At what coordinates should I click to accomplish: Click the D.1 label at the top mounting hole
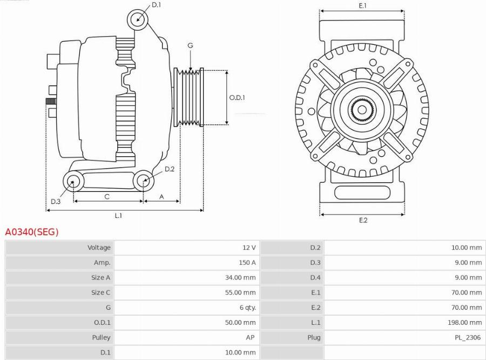(x=156, y=5)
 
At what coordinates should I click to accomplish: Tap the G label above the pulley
(x=190, y=46)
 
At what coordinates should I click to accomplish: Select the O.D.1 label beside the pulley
(x=237, y=98)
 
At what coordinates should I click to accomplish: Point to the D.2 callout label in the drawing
(x=169, y=169)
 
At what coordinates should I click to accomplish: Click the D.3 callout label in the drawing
(x=56, y=202)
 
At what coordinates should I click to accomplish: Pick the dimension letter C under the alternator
(x=107, y=197)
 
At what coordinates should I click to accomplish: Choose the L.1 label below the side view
(x=118, y=216)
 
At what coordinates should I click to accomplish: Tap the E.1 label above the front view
(x=362, y=5)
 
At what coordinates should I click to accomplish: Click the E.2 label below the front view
(x=363, y=220)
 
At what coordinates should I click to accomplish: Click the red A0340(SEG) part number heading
(x=32, y=232)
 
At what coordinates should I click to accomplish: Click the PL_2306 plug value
(x=467, y=337)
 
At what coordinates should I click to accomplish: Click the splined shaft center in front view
(x=362, y=110)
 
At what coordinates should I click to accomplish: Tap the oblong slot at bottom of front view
(x=362, y=192)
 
